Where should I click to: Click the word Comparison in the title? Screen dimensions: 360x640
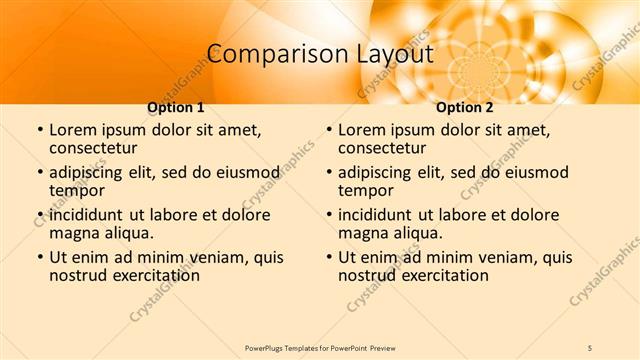(264, 54)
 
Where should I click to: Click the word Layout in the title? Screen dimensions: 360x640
(396, 54)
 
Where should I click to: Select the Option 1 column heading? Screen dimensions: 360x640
(176, 107)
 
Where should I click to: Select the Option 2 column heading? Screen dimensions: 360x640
(465, 107)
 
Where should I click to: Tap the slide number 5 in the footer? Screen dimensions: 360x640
(590, 347)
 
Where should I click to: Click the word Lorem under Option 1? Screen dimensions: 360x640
(73, 130)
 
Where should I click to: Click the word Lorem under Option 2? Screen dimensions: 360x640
(362, 130)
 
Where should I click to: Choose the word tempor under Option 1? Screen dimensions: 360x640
(77, 190)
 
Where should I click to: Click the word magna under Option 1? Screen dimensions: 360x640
(73, 233)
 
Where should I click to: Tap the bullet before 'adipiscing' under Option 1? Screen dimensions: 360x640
(40, 173)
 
